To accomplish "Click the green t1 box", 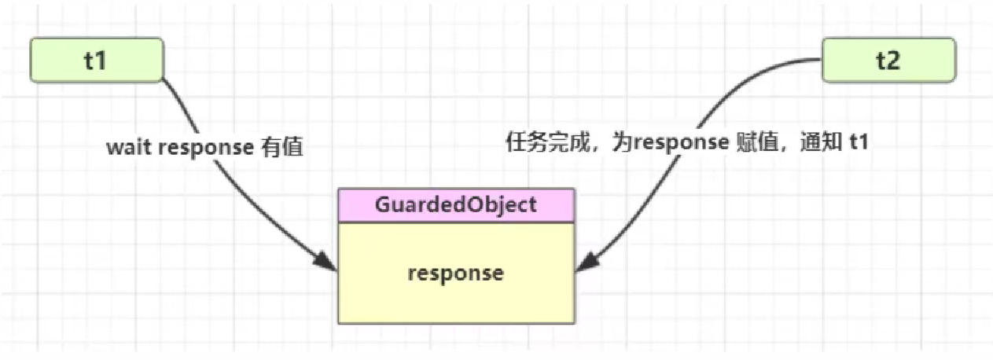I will click(x=96, y=61).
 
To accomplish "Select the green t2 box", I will click(x=888, y=61).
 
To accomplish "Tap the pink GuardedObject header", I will click(x=456, y=204).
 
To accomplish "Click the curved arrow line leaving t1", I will click(x=206, y=118).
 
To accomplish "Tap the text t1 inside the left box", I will click(x=96, y=61).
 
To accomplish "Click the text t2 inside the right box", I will click(x=888, y=61).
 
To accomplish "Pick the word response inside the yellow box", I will click(x=456, y=274).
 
